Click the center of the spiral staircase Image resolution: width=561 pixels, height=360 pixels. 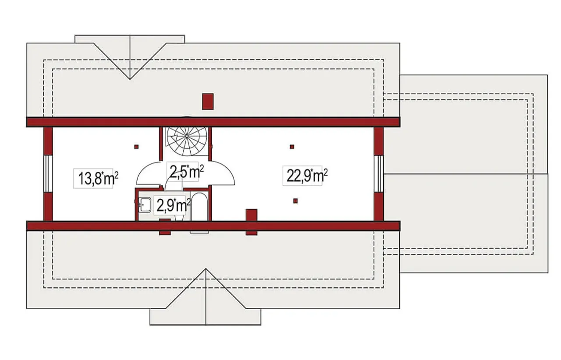[187, 136]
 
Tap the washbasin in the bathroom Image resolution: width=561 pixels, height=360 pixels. [145, 205]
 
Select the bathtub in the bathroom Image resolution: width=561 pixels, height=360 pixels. [199, 207]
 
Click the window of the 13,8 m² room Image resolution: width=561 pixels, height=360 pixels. [48, 174]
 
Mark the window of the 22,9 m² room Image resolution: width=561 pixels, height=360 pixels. [379, 174]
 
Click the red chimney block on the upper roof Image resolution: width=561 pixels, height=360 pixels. [208, 102]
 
